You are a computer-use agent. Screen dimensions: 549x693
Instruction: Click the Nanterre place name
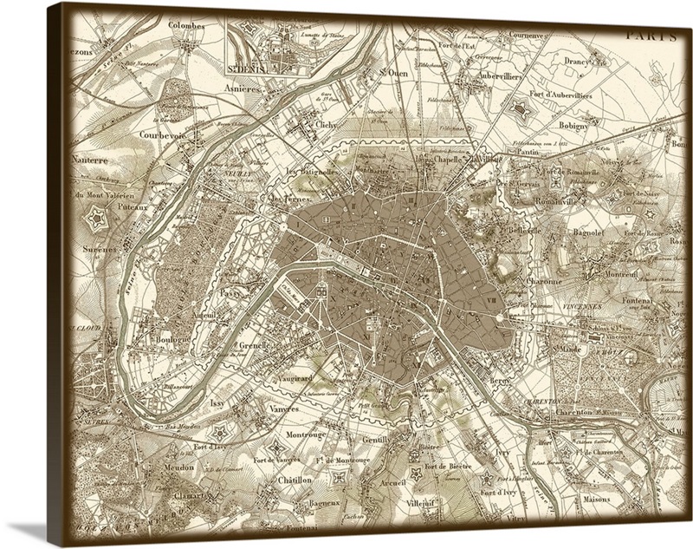tap(91, 160)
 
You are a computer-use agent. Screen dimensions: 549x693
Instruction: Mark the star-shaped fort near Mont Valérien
tap(97, 218)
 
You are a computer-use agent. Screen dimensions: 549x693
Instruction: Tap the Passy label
tap(231, 294)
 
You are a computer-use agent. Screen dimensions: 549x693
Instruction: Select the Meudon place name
tap(178, 467)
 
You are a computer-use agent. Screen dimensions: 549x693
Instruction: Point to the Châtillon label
tap(295, 479)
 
